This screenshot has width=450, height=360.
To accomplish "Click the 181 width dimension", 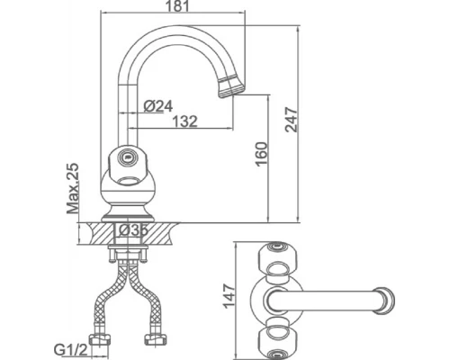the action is pyautogui.click(x=178, y=6).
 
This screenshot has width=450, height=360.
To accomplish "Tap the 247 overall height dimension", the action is pyautogui.click(x=292, y=120).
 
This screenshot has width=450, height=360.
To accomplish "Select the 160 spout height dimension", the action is pyautogui.click(x=261, y=154).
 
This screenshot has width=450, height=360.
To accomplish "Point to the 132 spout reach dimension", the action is pyautogui.click(x=184, y=121).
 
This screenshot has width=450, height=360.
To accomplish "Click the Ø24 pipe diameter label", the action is pyautogui.click(x=158, y=106).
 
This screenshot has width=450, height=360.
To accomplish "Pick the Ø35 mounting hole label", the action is pyautogui.click(x=133, y=230).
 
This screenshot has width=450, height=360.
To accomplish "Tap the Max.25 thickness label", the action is pyautogui.click(x=73, y=188).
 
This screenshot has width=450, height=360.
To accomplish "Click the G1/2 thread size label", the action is pyautogui.click(x=70, y=349).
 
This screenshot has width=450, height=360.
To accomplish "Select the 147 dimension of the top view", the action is pyautogui.click(x=229, y=296).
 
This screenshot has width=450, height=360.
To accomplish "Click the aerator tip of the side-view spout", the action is pyautogui.click(x=231, y=86).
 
